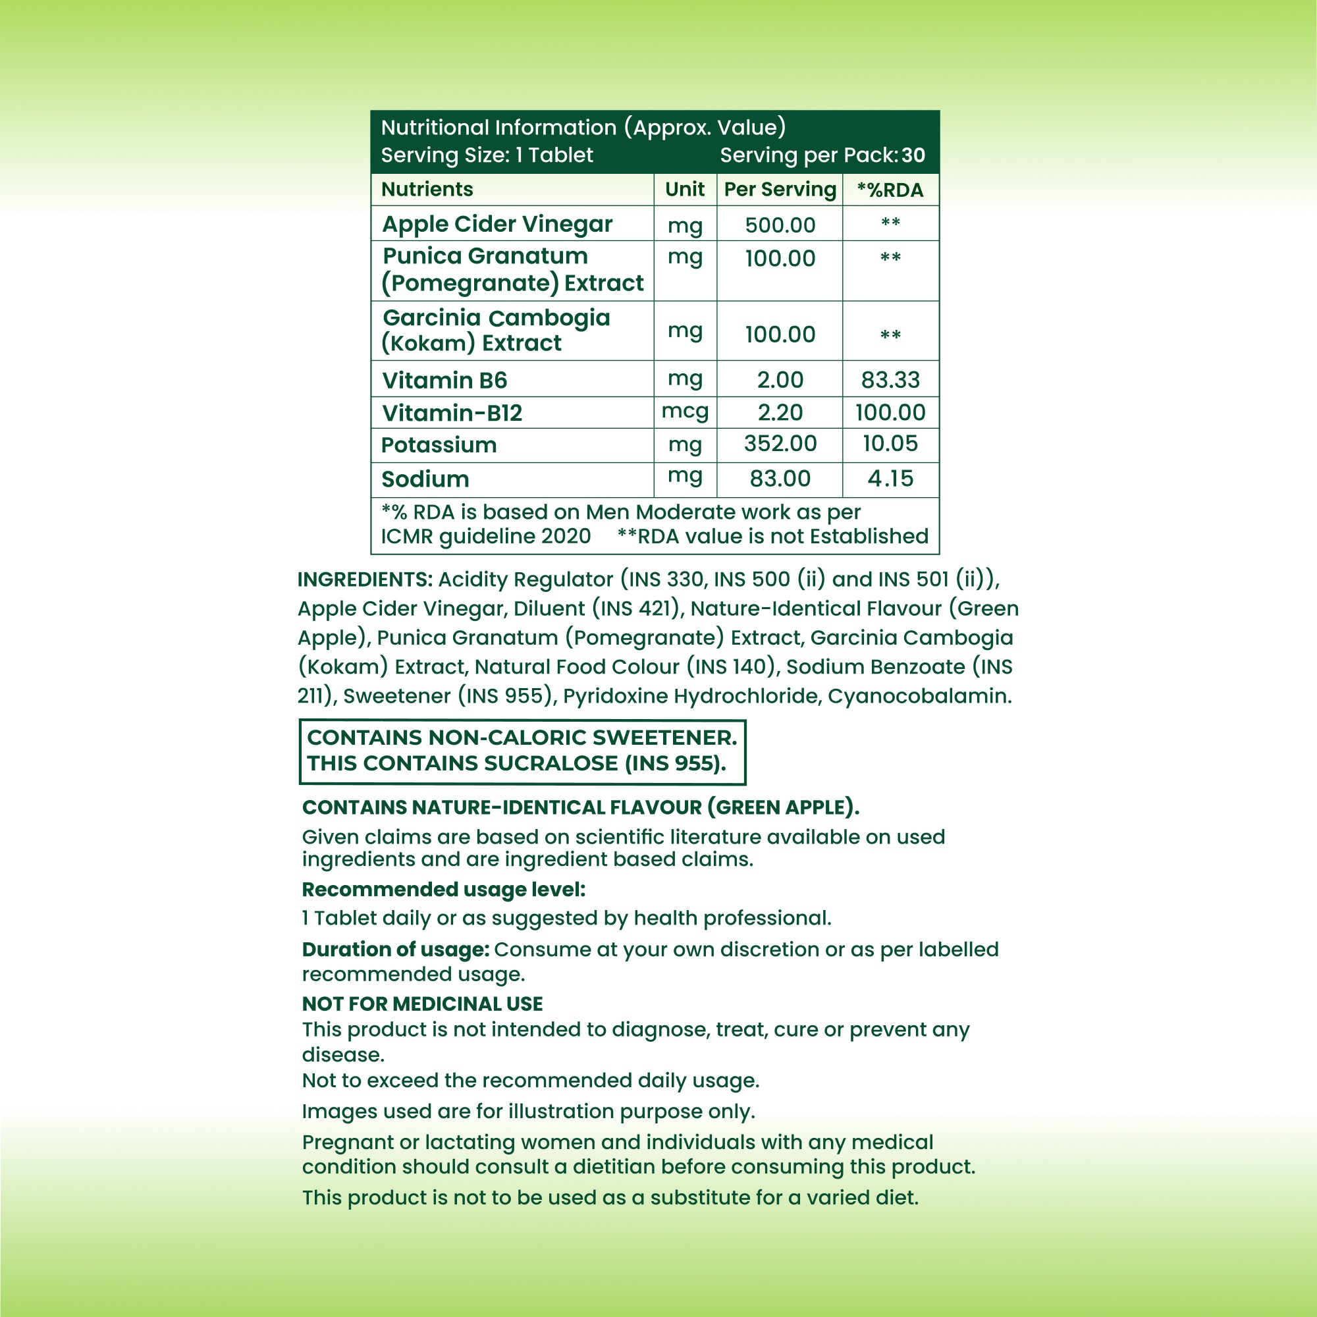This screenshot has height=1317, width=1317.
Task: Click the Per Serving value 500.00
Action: coord(780,225)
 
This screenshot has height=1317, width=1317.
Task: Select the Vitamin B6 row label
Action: coord(444,380)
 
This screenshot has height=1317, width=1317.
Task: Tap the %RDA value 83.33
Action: coord(890,380)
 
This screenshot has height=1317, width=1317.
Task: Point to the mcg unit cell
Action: coord(685,411)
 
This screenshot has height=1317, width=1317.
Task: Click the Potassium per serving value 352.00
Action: coord(780,444)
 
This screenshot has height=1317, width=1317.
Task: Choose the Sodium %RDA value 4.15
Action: coord(890,479)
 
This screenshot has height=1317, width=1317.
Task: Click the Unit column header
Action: coord(685,190)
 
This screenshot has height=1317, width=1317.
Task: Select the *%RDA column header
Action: coord(890,190)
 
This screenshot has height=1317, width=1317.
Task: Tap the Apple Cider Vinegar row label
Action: coord(497,225)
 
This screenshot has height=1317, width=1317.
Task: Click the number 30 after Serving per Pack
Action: coord(913,155)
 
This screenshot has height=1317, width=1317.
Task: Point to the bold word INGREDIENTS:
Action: coord(365,579)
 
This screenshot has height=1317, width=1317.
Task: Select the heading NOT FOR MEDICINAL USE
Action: coord(422,1004)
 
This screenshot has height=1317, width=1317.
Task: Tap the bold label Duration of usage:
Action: coord(395,949)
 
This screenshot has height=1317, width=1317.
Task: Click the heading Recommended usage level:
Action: coord(443,890)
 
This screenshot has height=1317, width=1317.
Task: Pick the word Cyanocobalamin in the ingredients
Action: coord(919,696)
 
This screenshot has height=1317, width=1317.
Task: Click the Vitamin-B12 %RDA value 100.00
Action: coord(890,412)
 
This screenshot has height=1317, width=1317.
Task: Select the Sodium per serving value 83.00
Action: coord(780,479)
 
